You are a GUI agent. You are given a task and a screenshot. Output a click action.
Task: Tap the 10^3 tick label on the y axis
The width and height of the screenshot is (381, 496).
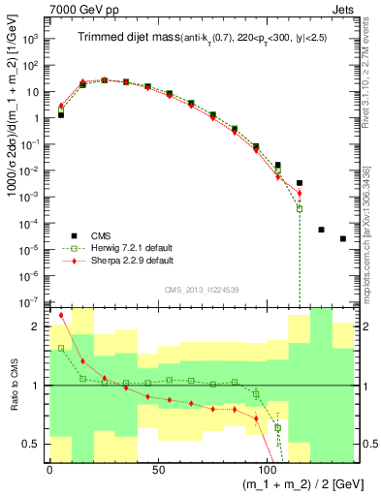point(30,40)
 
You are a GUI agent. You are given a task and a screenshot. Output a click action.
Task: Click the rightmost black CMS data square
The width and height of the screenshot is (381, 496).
point(343,238)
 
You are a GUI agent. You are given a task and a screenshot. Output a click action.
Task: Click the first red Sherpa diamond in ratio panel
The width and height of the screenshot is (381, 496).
point(61,315)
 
